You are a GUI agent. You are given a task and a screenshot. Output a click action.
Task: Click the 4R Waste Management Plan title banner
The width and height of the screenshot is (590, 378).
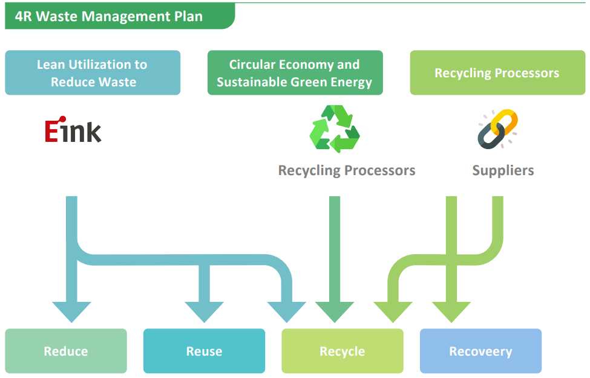pyautogui.click(x=120, y=16)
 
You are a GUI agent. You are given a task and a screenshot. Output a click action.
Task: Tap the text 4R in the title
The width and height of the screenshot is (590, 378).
pyautogui.click(x=24, y=16)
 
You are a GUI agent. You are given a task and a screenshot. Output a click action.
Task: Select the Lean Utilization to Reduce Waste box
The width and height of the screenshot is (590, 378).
pyautogui.click(x=93, y=73)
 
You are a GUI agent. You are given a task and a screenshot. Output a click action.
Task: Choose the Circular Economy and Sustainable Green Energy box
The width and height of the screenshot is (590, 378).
pyautogui.click(x=295, y=73)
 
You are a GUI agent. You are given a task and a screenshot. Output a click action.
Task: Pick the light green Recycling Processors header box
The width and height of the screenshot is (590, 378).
pyautogui.click(x=497, y=73)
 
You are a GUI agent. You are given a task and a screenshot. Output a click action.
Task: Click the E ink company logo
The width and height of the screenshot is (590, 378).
pyautogui.click(x=73, y=129)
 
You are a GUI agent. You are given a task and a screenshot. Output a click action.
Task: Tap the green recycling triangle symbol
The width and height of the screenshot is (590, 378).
pyautogui.click(x=335, y=129)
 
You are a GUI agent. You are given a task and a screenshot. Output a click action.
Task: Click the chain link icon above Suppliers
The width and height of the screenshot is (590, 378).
pyautogui.click(x=497, y=129)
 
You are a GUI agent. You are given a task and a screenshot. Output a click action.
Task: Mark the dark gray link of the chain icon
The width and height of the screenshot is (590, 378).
pyautogui.click(x=491, y=136)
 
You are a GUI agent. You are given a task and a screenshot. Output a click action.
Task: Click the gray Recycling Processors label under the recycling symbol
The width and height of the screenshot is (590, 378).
pyautogui.click(x=347, y=171)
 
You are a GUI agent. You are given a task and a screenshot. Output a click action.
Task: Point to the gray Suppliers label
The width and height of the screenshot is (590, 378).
pyautogui.click(x=503, y=171)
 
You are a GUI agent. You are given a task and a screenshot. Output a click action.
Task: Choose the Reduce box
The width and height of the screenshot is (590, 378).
pyautogui.click(x=66, y=351)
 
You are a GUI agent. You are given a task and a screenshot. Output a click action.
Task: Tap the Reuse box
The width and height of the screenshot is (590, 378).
pyautogui.click(x=205, y=351)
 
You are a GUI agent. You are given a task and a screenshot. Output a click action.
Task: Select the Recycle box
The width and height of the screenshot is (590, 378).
pyautogui.click(x=343, y=351)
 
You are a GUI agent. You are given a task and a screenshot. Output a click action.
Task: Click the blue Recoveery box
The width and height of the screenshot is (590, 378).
pyautogui.click(x=481, y=351)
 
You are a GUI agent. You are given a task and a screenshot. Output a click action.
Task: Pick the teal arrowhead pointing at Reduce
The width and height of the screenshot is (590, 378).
pyautogui.click(x=71, y=311)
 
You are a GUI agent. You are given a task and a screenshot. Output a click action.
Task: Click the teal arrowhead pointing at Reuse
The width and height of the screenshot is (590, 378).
pyautogui.click(x=205, y=311)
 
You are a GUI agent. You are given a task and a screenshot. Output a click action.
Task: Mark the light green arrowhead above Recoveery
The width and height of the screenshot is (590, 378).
pyautogui.click(x=451, y=311)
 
